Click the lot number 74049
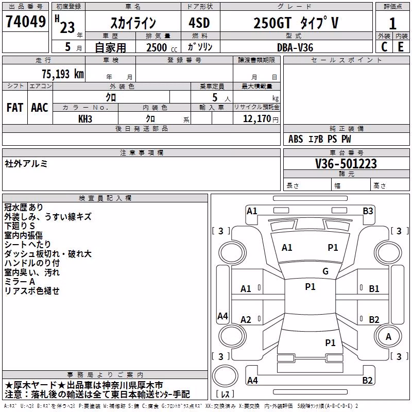[25, 22]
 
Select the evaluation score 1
[392, 24]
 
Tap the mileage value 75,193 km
[63, 74]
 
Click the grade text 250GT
[272, 23]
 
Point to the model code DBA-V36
[295, 47]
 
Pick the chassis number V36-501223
[346, 164]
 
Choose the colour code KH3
[85, 119]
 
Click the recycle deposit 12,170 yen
[261, 119]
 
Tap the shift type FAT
[15, 108]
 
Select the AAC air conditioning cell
[40, 108]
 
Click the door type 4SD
[199, 23]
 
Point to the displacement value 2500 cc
[162, 47]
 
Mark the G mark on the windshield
[325, 271]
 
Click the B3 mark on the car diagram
[368, 211]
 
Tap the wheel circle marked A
[388, 336]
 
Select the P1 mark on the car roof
[310, 287]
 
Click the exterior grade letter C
[384, 47]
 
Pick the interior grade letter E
[401, 47]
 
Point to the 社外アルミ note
[26, 164]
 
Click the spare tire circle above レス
[225, 376]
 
